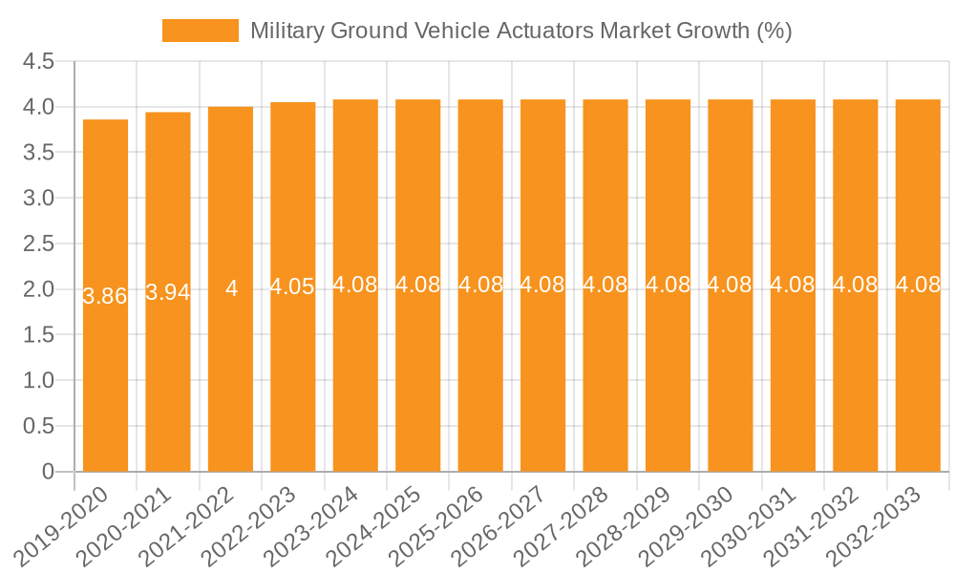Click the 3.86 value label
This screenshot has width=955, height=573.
[x=105, y=296]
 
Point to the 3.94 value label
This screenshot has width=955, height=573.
[x=168, y=292]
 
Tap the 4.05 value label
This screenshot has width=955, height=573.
[x=292, y=286]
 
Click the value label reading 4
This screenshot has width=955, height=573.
[x=231, y=288]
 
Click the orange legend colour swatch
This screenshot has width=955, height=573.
[x=201, y=31]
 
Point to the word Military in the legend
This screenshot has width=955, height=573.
[x=286, y=31]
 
